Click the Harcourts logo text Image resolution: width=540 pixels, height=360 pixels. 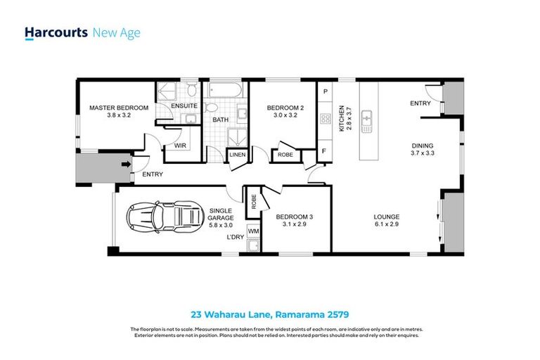click(56, 32)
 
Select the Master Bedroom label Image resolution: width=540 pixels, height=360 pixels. click(118, 108)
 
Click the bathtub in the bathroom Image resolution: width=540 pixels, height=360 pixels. click(224, 92)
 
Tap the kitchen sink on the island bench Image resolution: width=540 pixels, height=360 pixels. click(366, 121)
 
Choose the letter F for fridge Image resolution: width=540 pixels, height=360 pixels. click(325, 150)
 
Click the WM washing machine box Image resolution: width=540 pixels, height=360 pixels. click(252, 231)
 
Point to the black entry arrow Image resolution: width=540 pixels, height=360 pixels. click(127, 165)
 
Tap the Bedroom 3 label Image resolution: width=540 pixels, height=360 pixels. click(294, 217)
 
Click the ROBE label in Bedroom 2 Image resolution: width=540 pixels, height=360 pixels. click(285, 155)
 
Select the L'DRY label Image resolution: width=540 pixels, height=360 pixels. click(235, 237)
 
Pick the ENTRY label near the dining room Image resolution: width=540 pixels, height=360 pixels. click(420, 104)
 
